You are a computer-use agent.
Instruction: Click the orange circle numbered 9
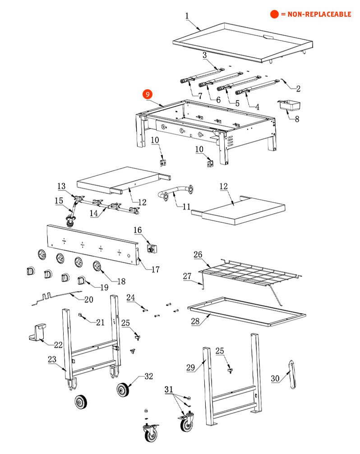pos(148,94)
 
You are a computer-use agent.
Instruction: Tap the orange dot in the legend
pos(274,14)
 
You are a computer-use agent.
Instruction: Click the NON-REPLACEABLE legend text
pos(316,14)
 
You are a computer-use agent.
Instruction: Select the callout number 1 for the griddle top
pos(187,16)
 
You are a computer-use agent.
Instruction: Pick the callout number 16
pos(138,230)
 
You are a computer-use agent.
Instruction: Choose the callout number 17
pos(155,270)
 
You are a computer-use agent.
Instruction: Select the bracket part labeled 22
pos(39,332)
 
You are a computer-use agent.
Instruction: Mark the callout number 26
pos(198,255)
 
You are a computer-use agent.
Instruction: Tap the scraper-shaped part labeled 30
pos(292,373)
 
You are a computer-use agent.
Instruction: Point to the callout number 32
pos(148,376)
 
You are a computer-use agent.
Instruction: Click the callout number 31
pos(169,389)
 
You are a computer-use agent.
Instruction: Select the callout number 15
pos(59,201)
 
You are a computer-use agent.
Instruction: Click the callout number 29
pos(190,367)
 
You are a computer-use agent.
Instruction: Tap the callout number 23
pos(52,360)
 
